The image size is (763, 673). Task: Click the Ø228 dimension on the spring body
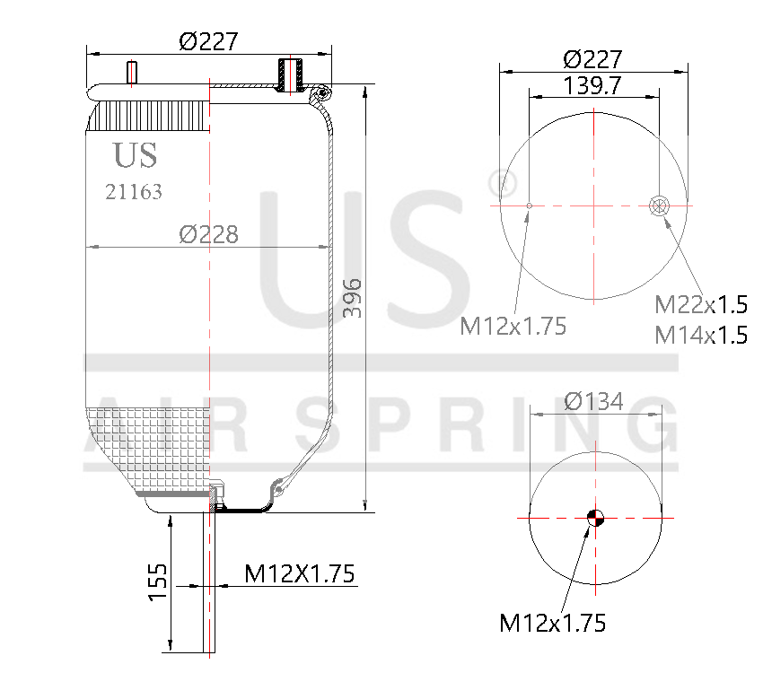coord(208,234)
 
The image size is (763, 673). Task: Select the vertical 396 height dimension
coord(353,299)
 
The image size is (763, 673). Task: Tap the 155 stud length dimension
coord(158,583)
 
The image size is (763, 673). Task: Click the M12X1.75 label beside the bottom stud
coord(299,572)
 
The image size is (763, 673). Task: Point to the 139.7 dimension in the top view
coord(594,85)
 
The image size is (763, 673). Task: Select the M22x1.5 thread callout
coord(701,305)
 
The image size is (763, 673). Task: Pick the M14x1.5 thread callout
coord(701,335)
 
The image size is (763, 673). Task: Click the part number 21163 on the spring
coord(134,191)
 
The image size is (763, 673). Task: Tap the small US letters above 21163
coord(135,155)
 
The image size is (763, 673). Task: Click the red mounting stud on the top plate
coord(133,73)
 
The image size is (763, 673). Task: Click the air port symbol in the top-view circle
coord(659,205)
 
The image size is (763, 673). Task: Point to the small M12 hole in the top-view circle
coord(530,206)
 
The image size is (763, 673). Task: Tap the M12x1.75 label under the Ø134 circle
coord(552,621)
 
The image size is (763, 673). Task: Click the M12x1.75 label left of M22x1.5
coord(513,326)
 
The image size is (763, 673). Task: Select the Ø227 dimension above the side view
coord(208,41)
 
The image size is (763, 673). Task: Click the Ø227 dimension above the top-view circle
coord(593,59)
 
